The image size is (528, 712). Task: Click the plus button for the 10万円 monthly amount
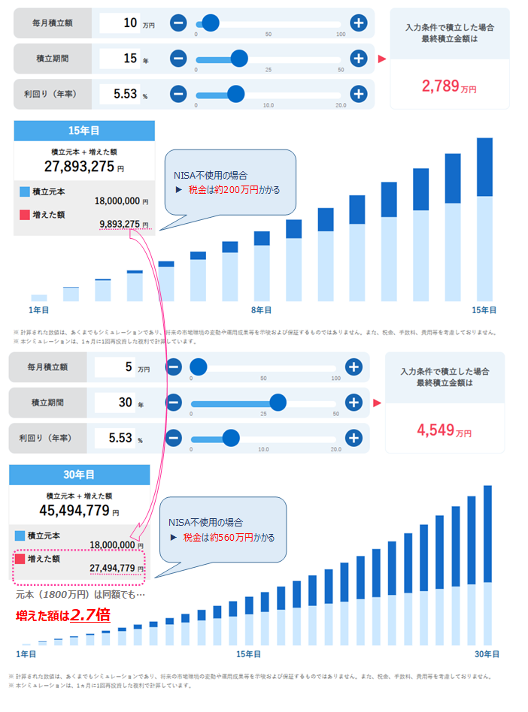pyautogui.click(x=359, y=23)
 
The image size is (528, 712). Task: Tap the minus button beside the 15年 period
pyautogui.click(x=178, y=59)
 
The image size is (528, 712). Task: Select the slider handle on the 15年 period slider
pyautogui.click(x=239, y=59)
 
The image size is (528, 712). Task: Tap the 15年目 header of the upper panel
pyautogui.click(x=83, y=131)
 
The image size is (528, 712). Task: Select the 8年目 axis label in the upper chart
pyautogui.click(x=261, y=309)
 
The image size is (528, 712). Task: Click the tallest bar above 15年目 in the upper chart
pyautogui.click(x=484, y=218)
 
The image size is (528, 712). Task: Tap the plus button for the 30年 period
pyautogui.click(x=354, y=403)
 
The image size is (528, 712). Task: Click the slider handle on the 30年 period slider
pyautogui.click(x=278, y=403)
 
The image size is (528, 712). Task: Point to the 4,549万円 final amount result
pyautogui.click(x=444, y=431)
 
